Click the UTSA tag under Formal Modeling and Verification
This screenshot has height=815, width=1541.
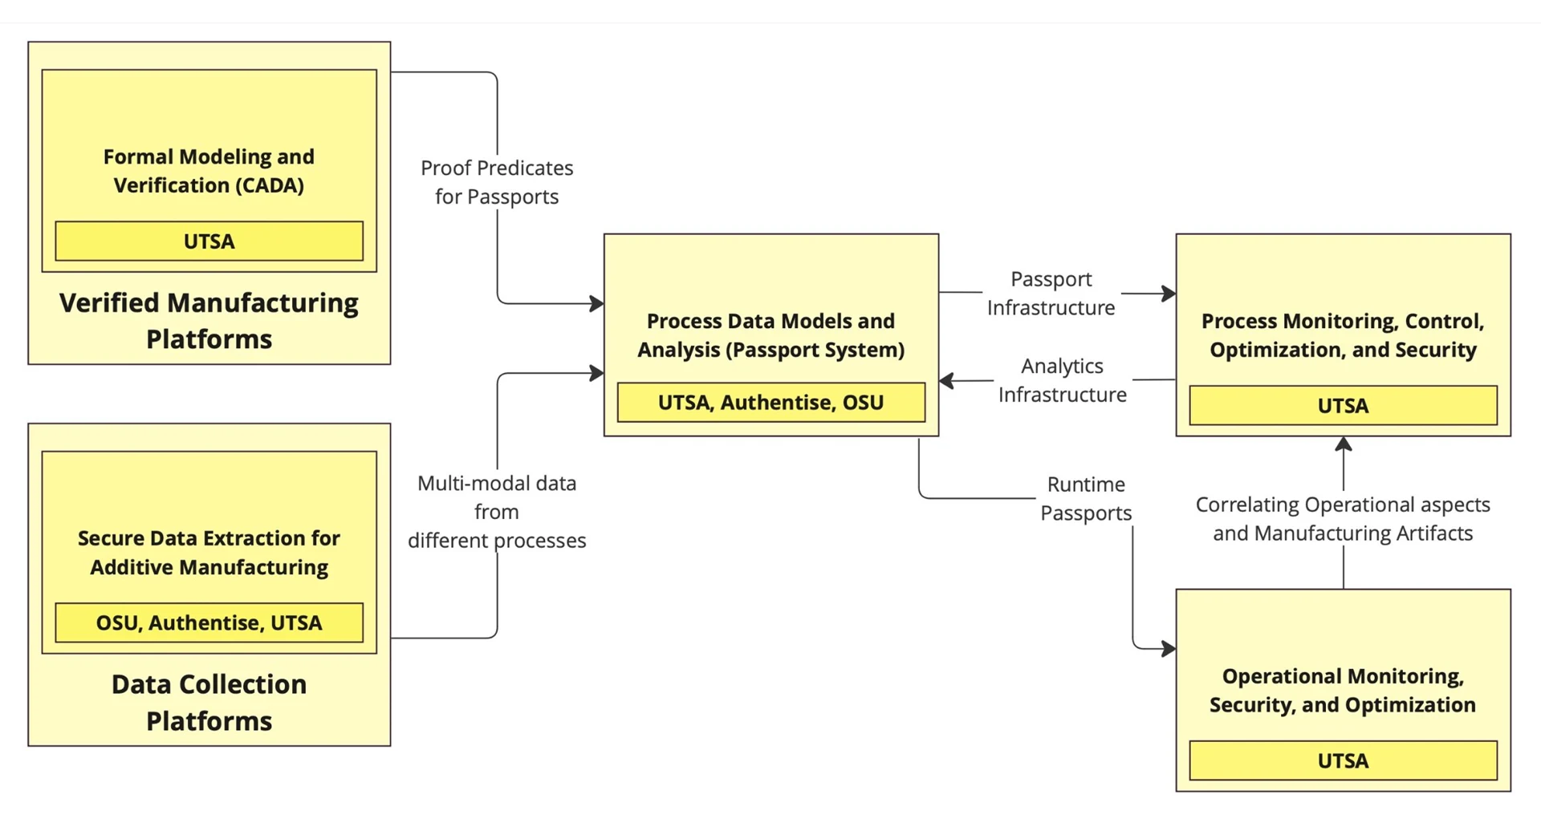[x=209, y=241]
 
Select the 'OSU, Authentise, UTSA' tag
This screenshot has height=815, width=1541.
[x=209, y=623]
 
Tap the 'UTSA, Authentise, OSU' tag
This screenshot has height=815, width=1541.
[x=770, y=403]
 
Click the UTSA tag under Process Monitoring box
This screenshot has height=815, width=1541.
[x=1343, y=406]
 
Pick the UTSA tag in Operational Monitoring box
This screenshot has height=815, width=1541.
[x=1343, y=761]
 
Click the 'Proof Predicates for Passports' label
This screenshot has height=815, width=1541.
[x=497, y=183]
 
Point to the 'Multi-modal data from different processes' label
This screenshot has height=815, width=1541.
[x=497, y=512]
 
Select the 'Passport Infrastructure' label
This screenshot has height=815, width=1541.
[x=1051, y=294]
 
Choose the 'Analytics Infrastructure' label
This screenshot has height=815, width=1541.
[x=1062, y=380]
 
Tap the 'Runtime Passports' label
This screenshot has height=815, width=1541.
[x=1086, y=499]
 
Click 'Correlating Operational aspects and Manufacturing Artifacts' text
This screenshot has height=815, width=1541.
[x=1343, y=519]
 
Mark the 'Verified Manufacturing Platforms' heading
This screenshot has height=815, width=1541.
[x=209, y=321]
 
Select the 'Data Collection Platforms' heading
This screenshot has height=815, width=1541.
[x=209, y=703]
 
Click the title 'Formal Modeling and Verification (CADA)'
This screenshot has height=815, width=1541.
[x=209, y=171]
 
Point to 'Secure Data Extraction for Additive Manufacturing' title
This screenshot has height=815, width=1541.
[x=209, y=553]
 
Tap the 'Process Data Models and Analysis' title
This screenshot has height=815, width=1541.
[x=770, y=335]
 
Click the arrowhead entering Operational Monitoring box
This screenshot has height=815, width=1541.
[x=1169, y=648]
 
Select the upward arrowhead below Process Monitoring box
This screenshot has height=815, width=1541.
[x=1344, y=444]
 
